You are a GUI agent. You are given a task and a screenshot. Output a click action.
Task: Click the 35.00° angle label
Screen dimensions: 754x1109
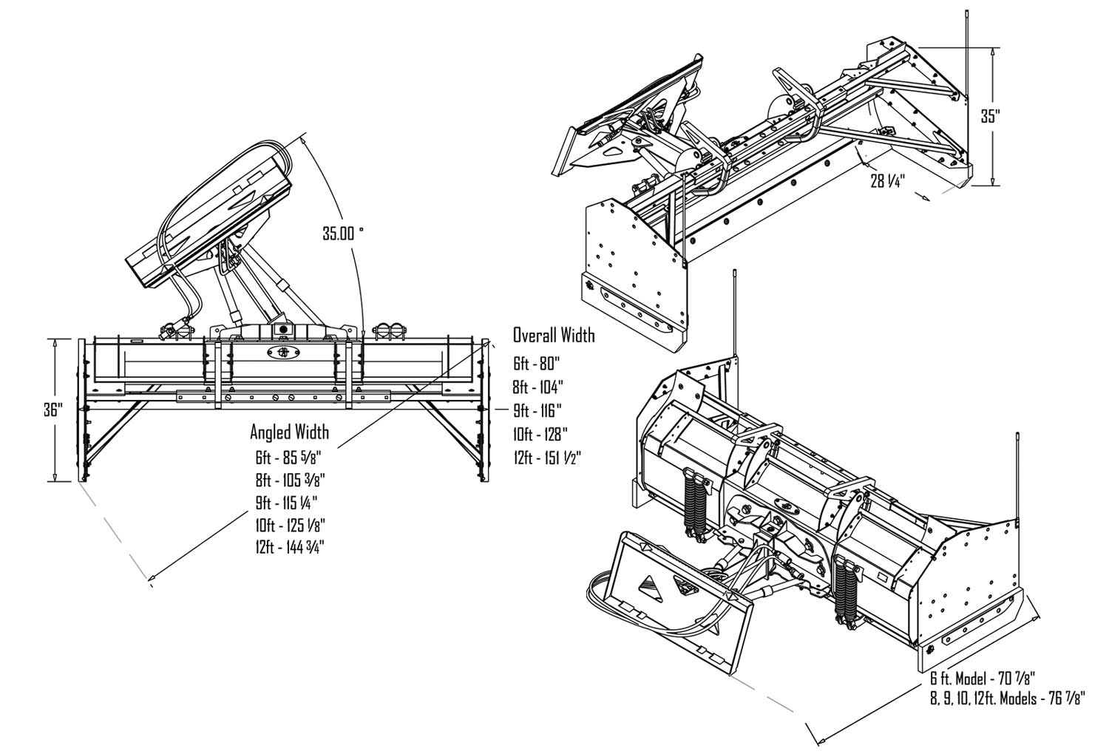[342, 234]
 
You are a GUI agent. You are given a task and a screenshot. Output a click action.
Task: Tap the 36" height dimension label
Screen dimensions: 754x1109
[52, 410]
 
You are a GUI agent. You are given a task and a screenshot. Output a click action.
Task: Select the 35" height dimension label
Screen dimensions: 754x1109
[991, 115]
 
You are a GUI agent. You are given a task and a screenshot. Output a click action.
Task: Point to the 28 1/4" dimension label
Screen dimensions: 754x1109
[889, 180]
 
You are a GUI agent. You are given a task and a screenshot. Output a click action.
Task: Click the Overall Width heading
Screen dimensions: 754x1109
[554, 336]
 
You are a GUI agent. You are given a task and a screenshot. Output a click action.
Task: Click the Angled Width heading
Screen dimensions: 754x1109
[289, 431]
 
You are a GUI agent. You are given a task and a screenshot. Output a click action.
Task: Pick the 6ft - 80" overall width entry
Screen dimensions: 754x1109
[537, 363]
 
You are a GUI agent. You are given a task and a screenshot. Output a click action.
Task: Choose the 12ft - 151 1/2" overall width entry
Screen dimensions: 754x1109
[547, 458]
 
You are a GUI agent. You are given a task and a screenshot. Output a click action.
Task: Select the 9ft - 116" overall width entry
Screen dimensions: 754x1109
[538, 410]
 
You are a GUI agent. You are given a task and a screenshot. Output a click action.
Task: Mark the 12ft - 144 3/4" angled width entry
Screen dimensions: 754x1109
[289, 548]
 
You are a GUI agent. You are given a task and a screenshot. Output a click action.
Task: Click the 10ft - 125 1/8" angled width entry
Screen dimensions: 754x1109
[289, 525]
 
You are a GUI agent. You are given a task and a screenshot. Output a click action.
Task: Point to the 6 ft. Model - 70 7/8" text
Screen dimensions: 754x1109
[983, 678]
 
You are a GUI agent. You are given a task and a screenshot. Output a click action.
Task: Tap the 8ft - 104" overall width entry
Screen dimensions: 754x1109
[538, 387]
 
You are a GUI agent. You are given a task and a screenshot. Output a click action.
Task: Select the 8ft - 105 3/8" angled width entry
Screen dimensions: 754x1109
[289, 480]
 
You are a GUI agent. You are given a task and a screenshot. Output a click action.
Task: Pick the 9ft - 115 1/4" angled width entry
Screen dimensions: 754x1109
[287, 503]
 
